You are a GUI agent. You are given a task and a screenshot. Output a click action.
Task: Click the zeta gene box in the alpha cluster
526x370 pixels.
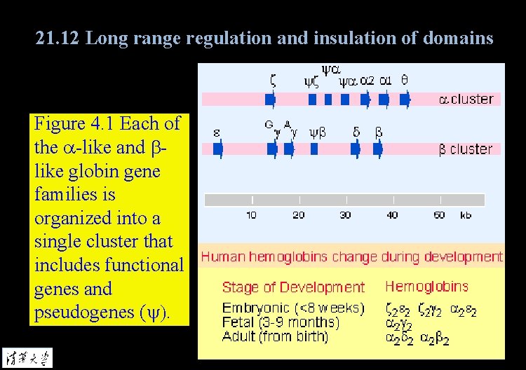[271, 100]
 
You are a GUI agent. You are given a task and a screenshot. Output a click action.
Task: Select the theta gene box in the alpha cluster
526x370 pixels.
[404, 100]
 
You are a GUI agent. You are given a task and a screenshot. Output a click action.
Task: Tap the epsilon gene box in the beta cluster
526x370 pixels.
[217, 149]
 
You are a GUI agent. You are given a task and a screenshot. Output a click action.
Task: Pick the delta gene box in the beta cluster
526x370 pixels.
[355, 149]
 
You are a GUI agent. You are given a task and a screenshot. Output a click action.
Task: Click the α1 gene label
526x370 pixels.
[386, 80]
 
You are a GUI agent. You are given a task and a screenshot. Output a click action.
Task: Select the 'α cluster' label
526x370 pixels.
[466, 99]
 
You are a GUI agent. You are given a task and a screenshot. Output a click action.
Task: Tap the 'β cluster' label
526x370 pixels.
[466, 149]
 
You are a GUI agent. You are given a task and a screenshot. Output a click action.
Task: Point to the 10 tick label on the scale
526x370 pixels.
[251, 214]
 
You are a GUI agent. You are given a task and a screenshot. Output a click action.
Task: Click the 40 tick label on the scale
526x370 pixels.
[392, 214]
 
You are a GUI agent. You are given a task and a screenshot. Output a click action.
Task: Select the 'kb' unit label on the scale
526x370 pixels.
[466, 214]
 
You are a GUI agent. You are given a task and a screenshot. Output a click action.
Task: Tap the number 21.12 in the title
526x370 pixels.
[58, 37]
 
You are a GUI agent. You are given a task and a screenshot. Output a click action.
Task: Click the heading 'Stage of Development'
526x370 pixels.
[293, 287]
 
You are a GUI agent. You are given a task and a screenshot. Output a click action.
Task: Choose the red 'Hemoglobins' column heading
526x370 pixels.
[426, 286]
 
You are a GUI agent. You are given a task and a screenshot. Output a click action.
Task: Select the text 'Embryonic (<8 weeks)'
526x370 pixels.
[293, 308]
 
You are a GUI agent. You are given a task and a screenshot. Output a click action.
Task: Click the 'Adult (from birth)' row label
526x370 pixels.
[275, 336]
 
